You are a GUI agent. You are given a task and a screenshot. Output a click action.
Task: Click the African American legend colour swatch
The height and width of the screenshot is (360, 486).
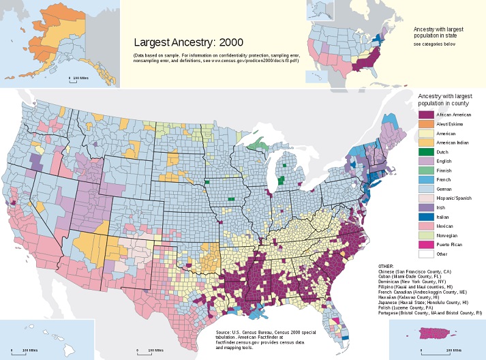pyautogui.click(x=425, y=115)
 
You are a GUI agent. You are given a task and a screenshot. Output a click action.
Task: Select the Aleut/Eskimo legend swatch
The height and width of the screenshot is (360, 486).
pyautogui.click(x=425, y=124)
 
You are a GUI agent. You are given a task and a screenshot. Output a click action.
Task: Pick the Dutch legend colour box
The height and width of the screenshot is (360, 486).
pyautogui.click(x=425, y=151)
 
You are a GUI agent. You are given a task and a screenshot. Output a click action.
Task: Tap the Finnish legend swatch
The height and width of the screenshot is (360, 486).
pyautogui.click(x=425, y=170)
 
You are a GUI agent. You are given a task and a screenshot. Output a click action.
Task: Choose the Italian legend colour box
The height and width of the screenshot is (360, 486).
pyautogui.click(x=425, y=215)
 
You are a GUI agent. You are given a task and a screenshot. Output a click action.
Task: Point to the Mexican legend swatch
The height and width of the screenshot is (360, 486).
pyautogui.click(x=425, y=225)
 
